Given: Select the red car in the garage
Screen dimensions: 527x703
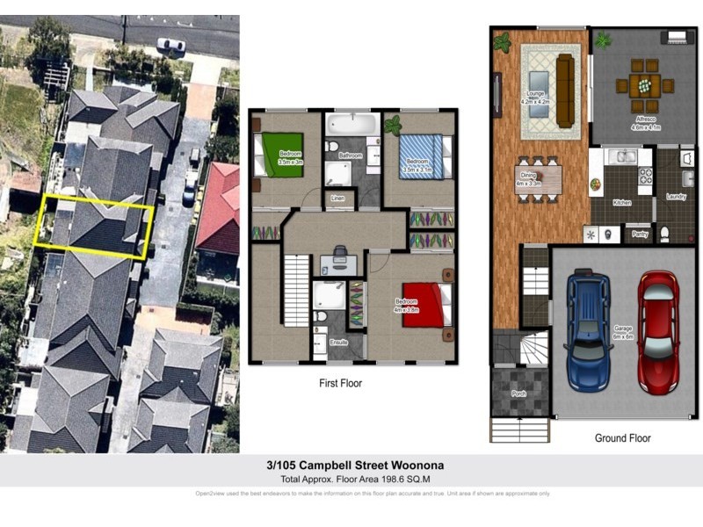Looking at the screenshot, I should pyautogui.click(x=656, y=331).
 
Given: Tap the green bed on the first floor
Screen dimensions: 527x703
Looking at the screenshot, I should pyautogui.click(x=280, y=155).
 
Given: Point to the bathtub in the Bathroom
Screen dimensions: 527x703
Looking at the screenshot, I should pyautogui.click(x=352, y=124).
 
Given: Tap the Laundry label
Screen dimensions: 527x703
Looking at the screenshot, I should pyautogui.click(x=676, y=196).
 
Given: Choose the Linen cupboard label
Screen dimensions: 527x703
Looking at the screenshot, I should pyautogui.click(x=337, y=199).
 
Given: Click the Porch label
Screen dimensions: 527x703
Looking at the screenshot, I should pyautogui.click(x=519, y=394).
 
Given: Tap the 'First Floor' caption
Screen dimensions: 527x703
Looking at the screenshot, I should pyautogui.click(x=340, y=383).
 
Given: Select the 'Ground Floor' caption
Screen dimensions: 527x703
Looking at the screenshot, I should pyautogui.click(x=621, y=437).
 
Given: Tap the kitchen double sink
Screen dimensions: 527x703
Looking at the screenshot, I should pyautogui.click(x=626, y=157).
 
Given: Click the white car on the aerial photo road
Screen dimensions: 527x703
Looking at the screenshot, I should pyautogui.click(x=170, y=45).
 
